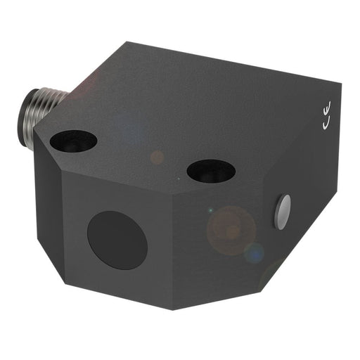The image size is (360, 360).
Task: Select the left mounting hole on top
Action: [x=73, y=143]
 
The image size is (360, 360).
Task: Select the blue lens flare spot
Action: [x=254, y=252]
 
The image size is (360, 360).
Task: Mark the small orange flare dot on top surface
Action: [x=157, y=157]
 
